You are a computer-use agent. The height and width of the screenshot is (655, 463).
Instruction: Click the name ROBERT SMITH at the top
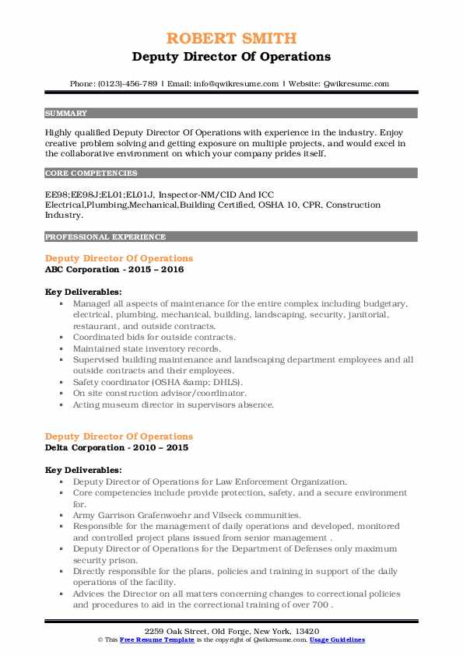(x=231, y=38)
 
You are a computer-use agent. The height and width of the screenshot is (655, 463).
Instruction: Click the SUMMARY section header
(x=66, y=113)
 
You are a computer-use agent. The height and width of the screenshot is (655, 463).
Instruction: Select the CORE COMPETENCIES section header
(x=91, y=173)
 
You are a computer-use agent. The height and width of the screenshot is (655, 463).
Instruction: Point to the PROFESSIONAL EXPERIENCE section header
(x=105, y=236)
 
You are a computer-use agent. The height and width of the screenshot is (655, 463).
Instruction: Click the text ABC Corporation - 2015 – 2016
(x=115, y=269)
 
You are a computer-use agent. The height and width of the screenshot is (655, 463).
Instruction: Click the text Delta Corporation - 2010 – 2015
(x=116, y=447)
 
